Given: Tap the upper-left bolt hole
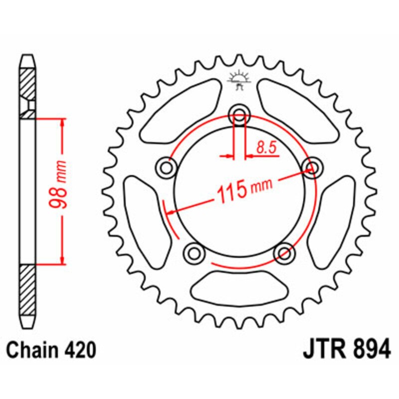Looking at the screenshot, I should [166, 168].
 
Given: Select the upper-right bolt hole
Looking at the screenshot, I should [313, 168].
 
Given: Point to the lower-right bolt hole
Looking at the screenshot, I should [285, 253].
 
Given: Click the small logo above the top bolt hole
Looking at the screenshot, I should [239, 80].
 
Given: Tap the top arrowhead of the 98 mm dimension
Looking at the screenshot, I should [62, 123].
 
